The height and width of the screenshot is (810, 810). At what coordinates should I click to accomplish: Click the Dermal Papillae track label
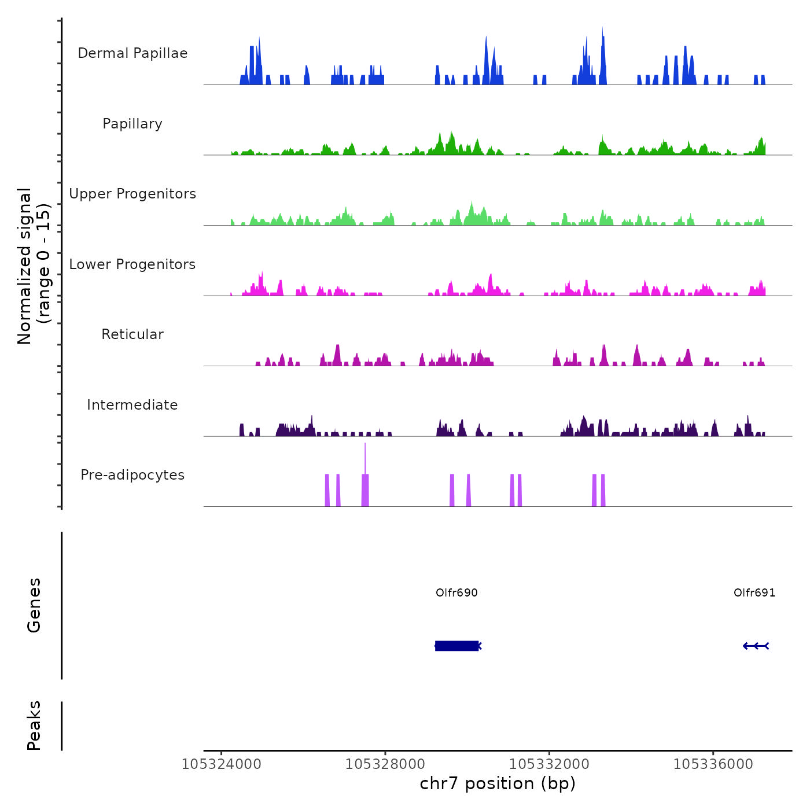pos(132,53)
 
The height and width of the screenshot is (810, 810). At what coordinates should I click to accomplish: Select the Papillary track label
pos(132,124)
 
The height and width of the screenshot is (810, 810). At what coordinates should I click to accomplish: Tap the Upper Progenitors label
pos(132,194)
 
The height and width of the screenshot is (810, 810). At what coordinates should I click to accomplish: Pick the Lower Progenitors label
pos(132,264)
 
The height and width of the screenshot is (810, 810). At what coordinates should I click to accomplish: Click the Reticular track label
pos(132,334)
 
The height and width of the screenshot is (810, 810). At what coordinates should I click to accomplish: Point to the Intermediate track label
pos(132,405)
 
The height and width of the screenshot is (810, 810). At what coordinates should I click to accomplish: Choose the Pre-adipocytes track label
pos(132,475)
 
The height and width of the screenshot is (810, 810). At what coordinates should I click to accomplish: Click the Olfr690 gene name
pos(456,592)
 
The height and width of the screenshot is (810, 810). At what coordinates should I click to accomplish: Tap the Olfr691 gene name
pos(754,592)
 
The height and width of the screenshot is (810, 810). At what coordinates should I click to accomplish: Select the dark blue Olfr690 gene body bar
pos(456,646)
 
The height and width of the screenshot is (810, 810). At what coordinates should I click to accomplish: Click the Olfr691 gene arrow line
pos(756,646)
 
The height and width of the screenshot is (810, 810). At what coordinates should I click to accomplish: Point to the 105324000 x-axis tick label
pos(222,764)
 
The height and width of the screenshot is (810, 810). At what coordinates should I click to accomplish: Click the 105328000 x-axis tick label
pos(385,764)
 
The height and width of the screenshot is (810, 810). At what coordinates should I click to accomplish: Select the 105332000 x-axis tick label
pos(549,764)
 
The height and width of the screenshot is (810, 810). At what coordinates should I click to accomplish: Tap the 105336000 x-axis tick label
pos(713,764)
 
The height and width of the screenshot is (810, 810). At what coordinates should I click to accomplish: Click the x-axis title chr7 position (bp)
pos(498,783)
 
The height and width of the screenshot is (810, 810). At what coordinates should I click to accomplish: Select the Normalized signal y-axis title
pos(34,266)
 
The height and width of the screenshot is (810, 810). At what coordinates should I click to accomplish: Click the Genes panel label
pos(34,605)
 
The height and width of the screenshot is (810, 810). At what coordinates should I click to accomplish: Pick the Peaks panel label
pos(34,726)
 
